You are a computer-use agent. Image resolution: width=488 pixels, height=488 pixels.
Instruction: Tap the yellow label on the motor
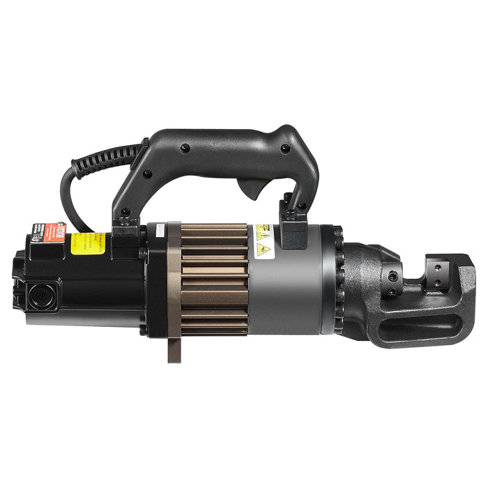click(88, 243)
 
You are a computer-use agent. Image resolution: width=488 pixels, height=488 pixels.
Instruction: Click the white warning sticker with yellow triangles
click(264, 241)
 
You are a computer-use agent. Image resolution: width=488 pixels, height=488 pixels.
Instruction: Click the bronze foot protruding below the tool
click(174, 348)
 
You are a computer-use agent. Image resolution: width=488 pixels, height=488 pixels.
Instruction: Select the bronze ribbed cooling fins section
click(213, 279)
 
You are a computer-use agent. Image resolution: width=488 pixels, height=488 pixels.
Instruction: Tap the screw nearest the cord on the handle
click(184, 148)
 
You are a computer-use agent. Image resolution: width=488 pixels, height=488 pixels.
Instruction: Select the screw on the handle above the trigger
click(284, 148)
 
